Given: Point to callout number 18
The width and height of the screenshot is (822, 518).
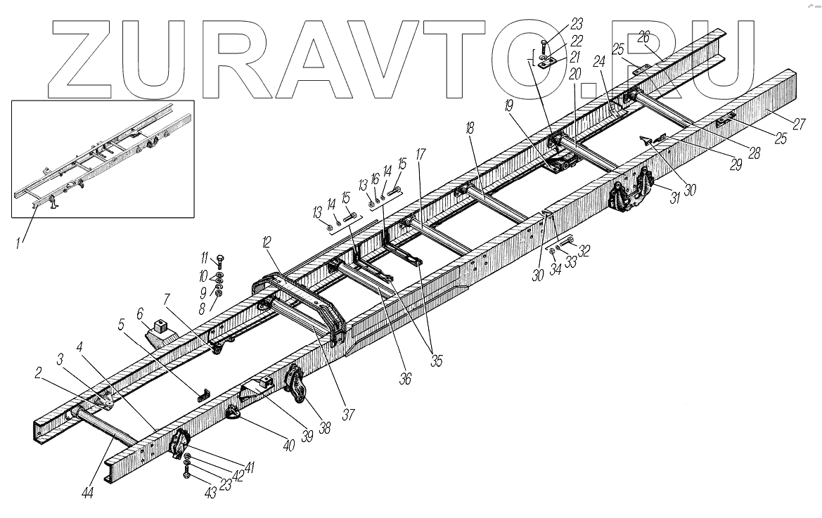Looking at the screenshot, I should click(x=470, y=128).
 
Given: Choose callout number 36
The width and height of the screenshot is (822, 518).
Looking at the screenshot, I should click(x=405, y=378).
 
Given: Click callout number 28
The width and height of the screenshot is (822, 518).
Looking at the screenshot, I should click(x=753, y=153).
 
